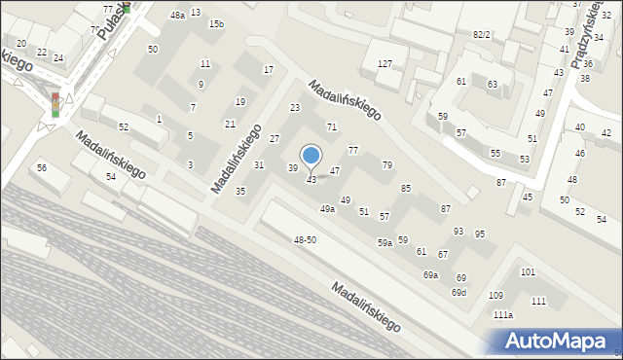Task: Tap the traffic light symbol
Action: pyautogui.click(x=55, y=104)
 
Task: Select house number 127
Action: pyautogui.click(x=385, y=63)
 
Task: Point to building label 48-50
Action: pyautogui.click(x=305, y=239)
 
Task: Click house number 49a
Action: pyautogui.click(x=328, y=209)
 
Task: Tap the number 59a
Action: pyautogui.click(x=385, y=242)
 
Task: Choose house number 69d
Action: pyautogui.click(x=458, y=292)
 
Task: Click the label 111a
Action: pyautogui.click(x=502, y=315)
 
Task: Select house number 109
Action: pyautogui.click(x=495, y=295)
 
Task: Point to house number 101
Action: pyautogui.click(x=528, y=271)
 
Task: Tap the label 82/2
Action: pyautogui.click(x=481, y=34)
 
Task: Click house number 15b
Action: pyautogui.click(x=216, y=23)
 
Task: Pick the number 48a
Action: pyautogui.click(x=177, y=16)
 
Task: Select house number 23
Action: pyautogui.click(x=295, y=107)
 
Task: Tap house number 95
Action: pyautogui.click(x=480, y=234)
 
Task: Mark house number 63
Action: pyautogui.click(x=493, y=85)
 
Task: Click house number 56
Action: pyautogui.click(x=42, y=167)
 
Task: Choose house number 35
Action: pyautogui.click(x=240, y=191)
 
